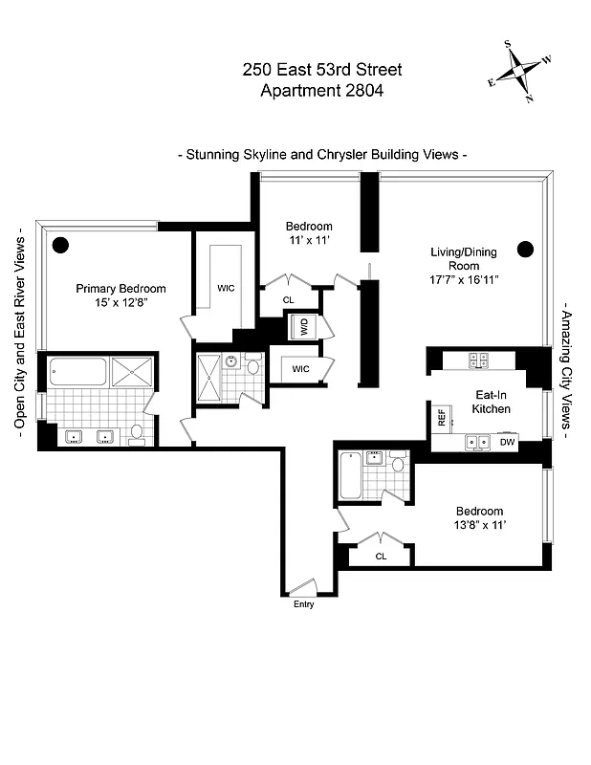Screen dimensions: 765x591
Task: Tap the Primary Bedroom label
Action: click(120, 289)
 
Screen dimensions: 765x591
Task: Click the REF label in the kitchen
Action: click(442, 417)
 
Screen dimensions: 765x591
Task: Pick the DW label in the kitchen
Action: click(507, 442)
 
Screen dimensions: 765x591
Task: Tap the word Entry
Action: click(303, 604)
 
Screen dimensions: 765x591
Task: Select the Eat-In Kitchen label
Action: click(492, 402)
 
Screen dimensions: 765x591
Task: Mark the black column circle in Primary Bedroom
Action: click(60, 244)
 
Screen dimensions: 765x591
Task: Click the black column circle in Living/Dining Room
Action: click(524, 250)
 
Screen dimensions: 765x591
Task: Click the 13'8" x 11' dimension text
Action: click(478, 525)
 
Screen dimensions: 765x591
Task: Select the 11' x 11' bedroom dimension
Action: click(309, 240)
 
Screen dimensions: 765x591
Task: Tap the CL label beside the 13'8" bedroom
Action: click(381, 556)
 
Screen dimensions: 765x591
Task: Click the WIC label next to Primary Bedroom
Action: click(226, 287)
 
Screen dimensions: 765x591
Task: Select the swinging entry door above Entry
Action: click(303, 587)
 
